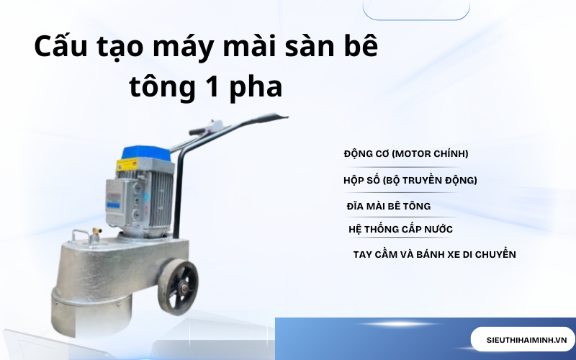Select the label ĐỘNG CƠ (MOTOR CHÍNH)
click(406, 153)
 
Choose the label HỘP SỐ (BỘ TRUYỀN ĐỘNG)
click(410, 180)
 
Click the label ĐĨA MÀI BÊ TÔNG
click(388, 206)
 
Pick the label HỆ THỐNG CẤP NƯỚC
click(400, 230)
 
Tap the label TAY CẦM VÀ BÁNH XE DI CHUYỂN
click(434, 254)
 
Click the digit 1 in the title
click(212, 88)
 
